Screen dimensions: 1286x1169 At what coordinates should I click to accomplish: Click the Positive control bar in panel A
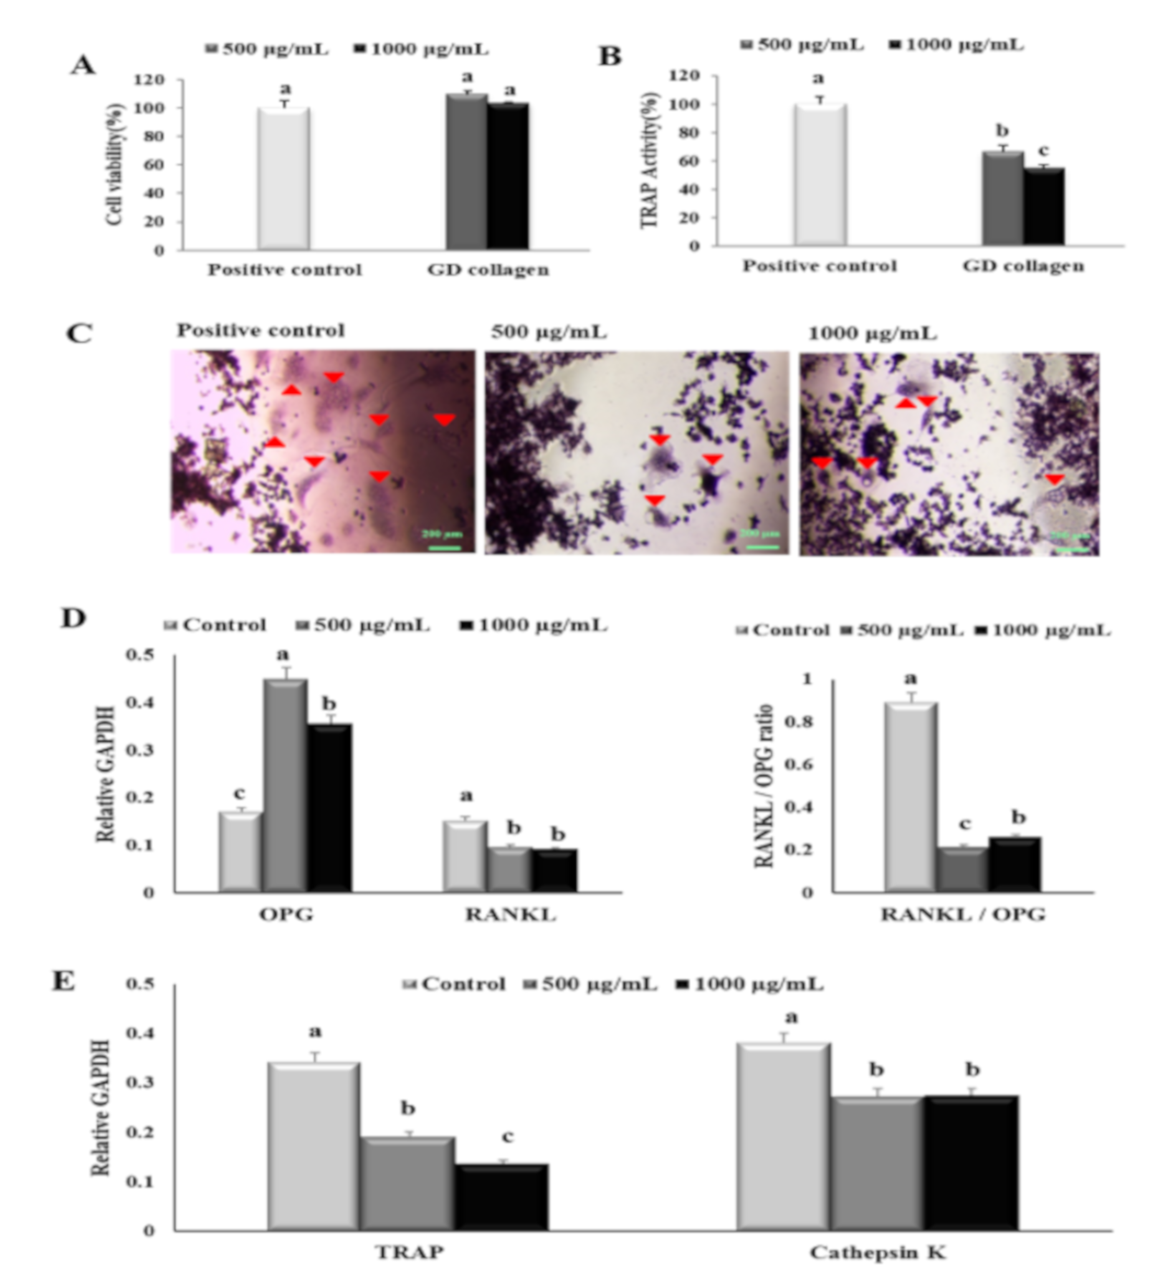[284, 179]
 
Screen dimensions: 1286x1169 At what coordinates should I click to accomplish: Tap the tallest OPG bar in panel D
[285, 785]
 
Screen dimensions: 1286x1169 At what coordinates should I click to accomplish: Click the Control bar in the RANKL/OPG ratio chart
[911, 797]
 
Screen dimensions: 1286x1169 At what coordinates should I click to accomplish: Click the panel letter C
[80, 334]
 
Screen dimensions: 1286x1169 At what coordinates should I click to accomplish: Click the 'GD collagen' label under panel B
[1023, 266]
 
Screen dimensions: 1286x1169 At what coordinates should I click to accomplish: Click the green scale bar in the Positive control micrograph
[445, 547]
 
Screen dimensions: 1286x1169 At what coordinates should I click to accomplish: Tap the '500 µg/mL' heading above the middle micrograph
[549, 332]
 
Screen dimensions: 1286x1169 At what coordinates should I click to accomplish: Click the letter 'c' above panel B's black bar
[1043, 151]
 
